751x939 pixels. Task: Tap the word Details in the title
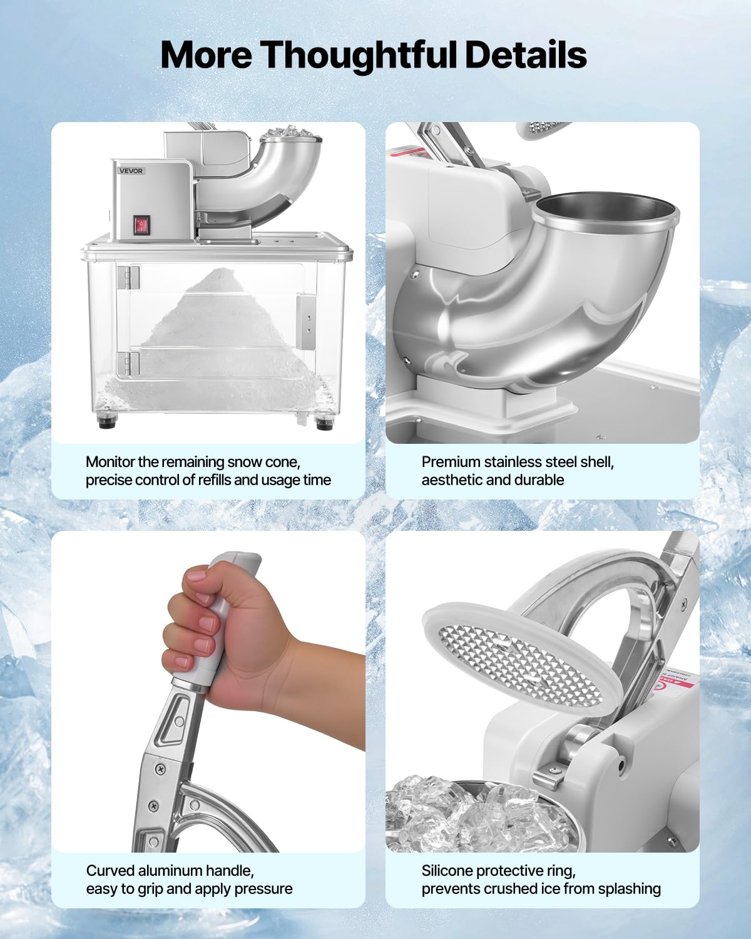pos(526,55)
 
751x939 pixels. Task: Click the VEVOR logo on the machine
pos(131,171)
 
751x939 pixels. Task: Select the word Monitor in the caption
pos(110,462)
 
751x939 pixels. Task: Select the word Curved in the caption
pos(110,871)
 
